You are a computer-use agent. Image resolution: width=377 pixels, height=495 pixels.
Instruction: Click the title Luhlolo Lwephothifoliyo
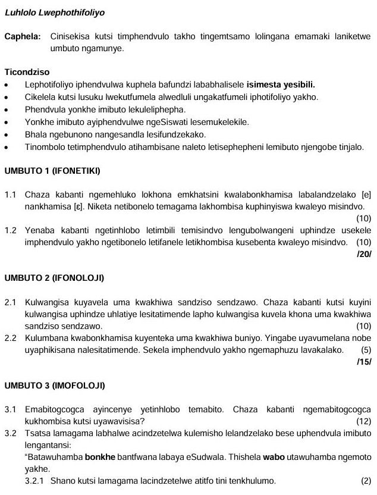click(x=47, y=12)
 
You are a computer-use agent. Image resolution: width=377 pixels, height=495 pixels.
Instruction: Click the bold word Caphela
click(x=23, y=37)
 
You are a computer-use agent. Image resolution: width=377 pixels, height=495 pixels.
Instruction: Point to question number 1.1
click(x=11, y=195)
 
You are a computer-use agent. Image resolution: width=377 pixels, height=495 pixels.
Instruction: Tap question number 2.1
click(x=11, y=302)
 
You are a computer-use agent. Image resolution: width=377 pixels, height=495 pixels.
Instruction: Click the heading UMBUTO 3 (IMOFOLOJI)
click(x=55, y=386)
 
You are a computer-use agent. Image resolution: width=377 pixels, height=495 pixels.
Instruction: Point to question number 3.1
click(x=11, y=409)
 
